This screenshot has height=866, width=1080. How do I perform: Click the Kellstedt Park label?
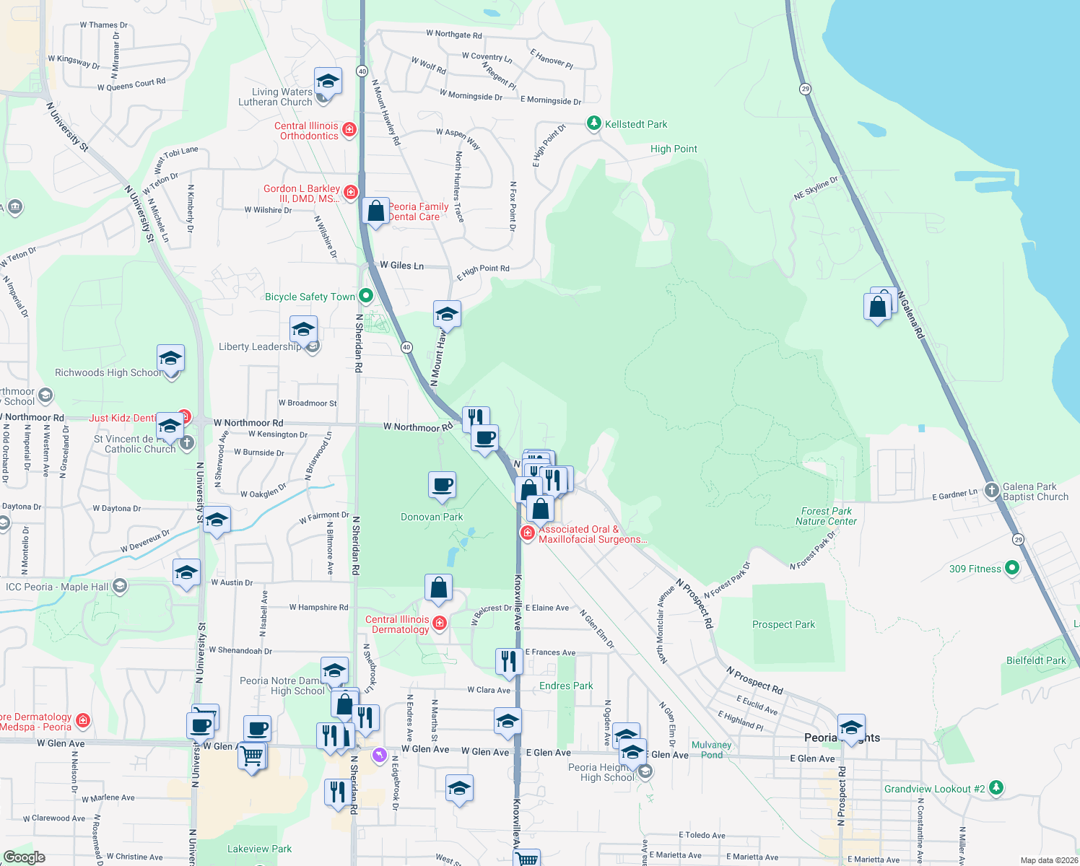[x=636, y=124]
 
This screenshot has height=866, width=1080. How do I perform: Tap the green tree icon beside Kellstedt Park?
[x=593, y=123]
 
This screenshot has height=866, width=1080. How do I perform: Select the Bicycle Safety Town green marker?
[x=366, y=295]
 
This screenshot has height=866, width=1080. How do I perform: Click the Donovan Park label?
[x=432, y=517]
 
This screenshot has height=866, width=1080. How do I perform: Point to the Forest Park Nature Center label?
[x=826, y=516]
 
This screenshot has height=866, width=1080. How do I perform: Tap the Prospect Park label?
[x=783, y=624]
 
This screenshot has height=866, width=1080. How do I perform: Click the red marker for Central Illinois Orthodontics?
[x=349, y=130]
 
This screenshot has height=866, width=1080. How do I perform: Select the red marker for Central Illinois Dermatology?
[x=439, y=623]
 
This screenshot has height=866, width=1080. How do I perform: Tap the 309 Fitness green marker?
[x=1012, y=568]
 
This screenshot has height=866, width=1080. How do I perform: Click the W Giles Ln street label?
[x=402, y=266]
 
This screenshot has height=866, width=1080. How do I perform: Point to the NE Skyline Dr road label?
[x=816, y=188]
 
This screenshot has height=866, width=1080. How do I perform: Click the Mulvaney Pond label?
[x=711, y=750]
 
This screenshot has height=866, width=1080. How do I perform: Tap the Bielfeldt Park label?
[x=1036, y=660]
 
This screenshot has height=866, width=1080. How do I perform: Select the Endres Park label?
[x=566, y=686]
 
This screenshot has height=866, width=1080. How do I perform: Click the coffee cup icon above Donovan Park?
[x=442, y=485]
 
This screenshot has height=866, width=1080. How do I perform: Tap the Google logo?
[x=25, y=857]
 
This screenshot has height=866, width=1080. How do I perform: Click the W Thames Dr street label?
[x=103, y=25]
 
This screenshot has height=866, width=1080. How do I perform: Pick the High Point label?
[x=674, y=149]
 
